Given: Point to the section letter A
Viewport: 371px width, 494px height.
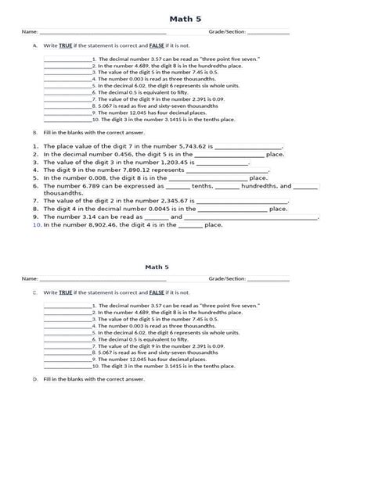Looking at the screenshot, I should click(x=35, y=46).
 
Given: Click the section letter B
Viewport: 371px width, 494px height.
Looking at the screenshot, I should click(x=35, y=132).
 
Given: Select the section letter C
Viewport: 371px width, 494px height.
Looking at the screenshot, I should click(x=35, y=292).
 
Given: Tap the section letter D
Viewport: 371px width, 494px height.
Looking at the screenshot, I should click(x=35, y=379).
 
